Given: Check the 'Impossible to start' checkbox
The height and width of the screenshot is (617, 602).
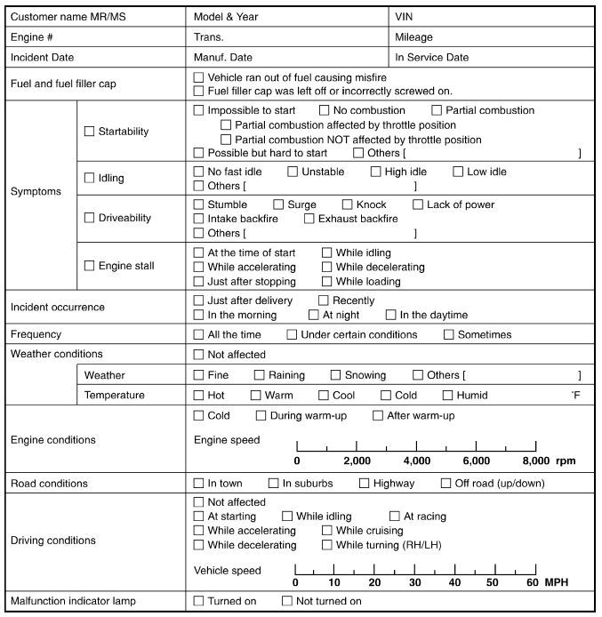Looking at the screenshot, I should [198, 110].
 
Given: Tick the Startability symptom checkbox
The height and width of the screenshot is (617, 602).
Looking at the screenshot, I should [89, 132].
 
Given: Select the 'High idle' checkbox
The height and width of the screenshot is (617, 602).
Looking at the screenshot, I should [376, 171].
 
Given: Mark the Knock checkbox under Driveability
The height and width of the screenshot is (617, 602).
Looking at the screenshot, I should [348, 204].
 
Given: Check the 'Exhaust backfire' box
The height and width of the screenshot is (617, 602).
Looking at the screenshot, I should [309, 219].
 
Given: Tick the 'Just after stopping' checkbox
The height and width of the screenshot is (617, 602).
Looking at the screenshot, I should [198, 281].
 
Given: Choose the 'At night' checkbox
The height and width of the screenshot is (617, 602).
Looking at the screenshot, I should [313, 315].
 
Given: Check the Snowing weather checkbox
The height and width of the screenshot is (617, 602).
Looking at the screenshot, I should [335, 375].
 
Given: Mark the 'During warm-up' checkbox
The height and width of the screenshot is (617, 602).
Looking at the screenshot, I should [261, 415].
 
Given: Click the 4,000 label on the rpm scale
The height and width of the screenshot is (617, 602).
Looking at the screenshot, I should [416, 461].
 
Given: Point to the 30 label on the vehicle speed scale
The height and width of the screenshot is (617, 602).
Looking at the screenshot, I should [414, 581].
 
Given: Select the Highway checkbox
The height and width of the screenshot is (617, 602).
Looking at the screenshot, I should [365, 484].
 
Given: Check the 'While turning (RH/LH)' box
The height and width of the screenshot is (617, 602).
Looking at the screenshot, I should [327, 545].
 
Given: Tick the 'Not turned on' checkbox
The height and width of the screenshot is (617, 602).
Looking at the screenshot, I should [286, 602].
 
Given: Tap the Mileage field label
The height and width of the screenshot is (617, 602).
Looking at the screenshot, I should [414, 37].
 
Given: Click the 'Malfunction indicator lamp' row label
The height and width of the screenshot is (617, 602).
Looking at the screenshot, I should [73, 602].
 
